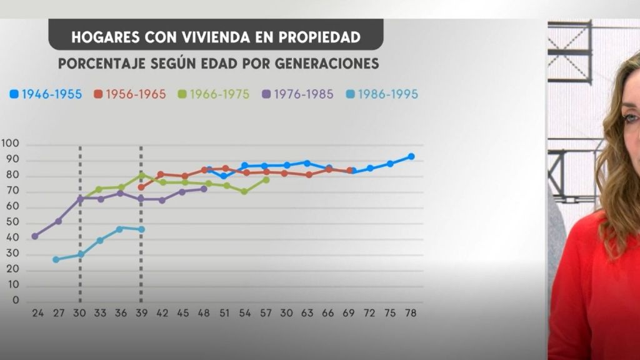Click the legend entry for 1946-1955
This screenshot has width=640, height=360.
pos(46,94)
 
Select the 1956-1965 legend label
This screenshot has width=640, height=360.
pos(130,94)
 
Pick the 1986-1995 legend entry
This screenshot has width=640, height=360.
pos(382,94)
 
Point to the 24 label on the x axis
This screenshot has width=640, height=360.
pos(37,312)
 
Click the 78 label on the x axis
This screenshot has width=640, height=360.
pos(411,312)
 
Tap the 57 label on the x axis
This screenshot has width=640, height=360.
pos(266,312)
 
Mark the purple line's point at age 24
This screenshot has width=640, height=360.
pos(35,236)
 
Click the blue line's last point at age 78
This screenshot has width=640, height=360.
pos(411,156)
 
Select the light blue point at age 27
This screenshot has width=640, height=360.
pos(56,259)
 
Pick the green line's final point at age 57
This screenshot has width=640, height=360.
pos(266,179)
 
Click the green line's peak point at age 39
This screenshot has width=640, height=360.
pos(141,176)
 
